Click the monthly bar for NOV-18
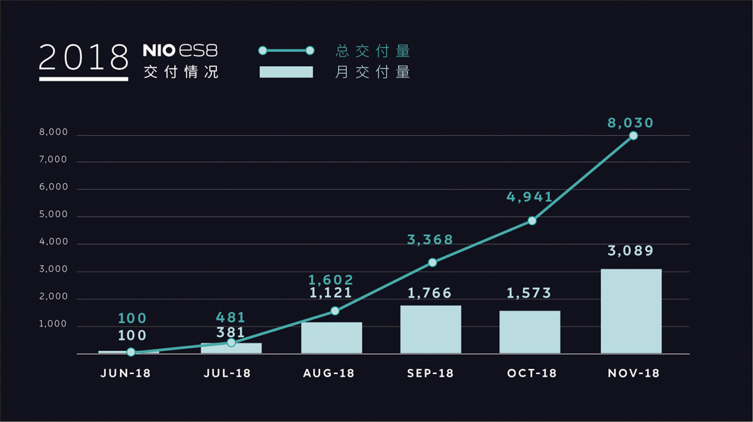point(631,311)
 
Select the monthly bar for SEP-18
point(430,329)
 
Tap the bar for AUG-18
point(331,338)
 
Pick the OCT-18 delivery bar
point(530,332)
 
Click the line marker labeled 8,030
point(633,136)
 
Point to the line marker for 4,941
point(532,221)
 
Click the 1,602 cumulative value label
point(331,281)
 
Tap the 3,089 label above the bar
point(631,251)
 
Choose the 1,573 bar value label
point(531,293)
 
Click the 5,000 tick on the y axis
point(54,215)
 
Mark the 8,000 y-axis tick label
point(54,133)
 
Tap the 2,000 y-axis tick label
point(54,297)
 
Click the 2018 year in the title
point(84,57)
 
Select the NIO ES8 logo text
point(181,50)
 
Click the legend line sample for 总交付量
point(286,51)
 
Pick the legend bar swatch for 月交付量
point(286,72)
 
